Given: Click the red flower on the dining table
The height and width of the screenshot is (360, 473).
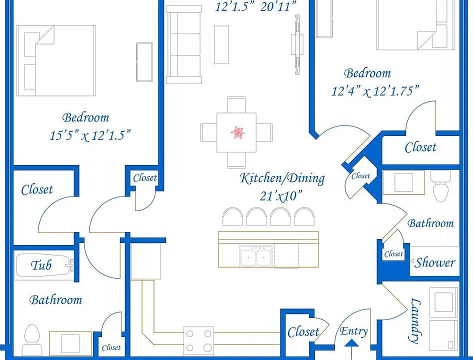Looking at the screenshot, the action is point(237,132).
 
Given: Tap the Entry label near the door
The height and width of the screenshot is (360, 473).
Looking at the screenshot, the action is point(353,331).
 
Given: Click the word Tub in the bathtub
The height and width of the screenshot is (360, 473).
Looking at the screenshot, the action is point(41,265).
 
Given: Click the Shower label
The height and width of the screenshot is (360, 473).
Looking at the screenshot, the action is point(434,262).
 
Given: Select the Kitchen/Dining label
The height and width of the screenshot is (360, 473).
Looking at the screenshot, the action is point(282,178).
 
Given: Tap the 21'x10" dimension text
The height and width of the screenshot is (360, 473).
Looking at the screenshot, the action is point(281,196).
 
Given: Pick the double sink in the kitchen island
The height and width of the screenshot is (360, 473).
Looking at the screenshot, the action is point(256,256).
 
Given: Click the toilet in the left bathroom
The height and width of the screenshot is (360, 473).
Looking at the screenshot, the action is point(31,340).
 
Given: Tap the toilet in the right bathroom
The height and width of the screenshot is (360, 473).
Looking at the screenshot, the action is point(440,186).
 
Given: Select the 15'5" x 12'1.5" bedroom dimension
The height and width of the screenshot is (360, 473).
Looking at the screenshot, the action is point(90,135).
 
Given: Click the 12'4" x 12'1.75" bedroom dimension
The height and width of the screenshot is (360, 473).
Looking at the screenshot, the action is point(375,91).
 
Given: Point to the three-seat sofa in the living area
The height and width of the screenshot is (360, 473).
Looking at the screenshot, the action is point(184,44).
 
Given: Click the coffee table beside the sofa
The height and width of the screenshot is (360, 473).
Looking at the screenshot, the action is point(221,44).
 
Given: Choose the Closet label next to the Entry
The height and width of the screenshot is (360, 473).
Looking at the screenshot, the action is point(303,332).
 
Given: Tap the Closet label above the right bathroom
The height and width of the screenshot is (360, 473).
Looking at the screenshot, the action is point(420,147).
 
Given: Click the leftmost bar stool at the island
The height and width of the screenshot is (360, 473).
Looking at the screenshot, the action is point(232,216).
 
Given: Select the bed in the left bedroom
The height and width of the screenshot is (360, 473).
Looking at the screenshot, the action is point(56,60).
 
